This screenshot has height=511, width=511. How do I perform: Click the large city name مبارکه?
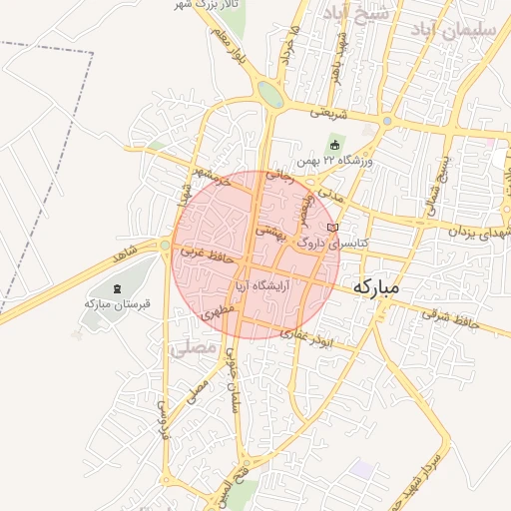(x=375, y=286)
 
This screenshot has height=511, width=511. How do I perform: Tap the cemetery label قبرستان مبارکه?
(x=117, y=303)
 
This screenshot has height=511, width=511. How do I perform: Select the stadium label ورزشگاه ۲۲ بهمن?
(x=333, y=161)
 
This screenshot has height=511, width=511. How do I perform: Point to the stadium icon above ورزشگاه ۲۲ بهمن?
(x=333, y=146)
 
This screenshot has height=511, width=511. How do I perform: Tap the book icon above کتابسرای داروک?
(x=345, y=229)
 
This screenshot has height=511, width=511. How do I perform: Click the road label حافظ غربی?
(x=207, y=257)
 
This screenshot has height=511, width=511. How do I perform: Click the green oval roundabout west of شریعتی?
(x=269, y=94)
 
